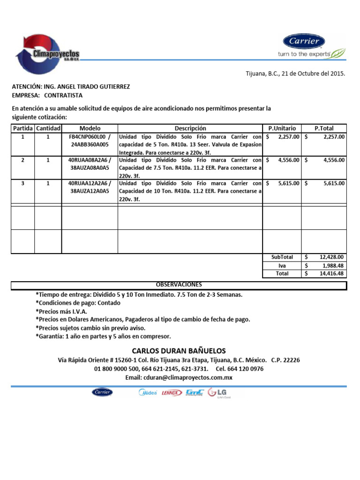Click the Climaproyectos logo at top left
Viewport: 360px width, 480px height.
47,54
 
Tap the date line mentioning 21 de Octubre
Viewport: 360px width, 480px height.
296,74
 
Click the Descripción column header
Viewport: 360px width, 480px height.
190,128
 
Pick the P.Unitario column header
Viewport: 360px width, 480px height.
282,128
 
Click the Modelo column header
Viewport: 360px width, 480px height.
90,128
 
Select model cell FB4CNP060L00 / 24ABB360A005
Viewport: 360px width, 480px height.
90,141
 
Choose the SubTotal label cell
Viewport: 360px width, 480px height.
282,257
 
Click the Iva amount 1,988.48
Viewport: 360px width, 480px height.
330,265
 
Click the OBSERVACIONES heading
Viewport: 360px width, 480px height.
179,285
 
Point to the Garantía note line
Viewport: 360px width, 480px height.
103,337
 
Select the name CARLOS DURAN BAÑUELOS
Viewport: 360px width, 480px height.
179,351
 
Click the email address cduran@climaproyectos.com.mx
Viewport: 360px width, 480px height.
179,377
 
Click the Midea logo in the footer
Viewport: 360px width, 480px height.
149,393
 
